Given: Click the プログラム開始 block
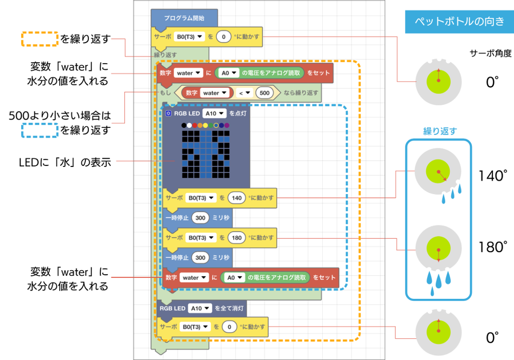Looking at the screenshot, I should click(x=184, y=17).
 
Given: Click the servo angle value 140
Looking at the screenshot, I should click(x=237, y=197).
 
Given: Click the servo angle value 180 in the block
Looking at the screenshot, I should click(x=237, y=238).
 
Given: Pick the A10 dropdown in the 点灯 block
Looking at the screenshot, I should click(x=214, y=113).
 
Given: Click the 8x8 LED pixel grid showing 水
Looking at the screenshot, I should click(x=205, y=151).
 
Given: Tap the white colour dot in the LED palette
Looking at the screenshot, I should click(x=190, y=125).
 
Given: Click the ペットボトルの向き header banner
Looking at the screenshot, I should click(x=459, y=22).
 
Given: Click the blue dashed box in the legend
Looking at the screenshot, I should click(x=39, y=130).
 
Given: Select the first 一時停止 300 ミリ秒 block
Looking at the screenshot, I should click(x=198, y=218).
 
